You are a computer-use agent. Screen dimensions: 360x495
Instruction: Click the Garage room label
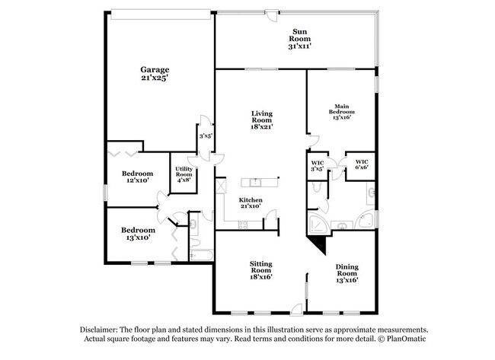pyautogui.click(x=154, y=73)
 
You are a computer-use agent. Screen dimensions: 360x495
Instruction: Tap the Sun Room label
pyautogui.click(x=299, y=39)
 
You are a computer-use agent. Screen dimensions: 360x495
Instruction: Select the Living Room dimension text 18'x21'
pyautogui.click(x=261, y=128)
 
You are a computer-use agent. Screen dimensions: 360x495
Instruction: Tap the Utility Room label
pyautogui.click(x=184, y=174)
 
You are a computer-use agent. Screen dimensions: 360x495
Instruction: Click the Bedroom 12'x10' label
pyautogui.click(x=138, y=177)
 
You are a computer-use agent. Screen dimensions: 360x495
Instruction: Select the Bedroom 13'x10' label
pyautogui.click(x=138, y=234)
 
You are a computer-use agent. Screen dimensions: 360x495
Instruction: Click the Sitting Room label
pyautogui.click(x=261, y=269)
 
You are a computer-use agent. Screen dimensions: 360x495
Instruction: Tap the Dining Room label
pyautogui.click(x=346, y=273)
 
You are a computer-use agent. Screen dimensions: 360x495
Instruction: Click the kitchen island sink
pyautogui.click(x=257, y=183)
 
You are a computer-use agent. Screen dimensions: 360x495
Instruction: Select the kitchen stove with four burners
pyautogui.click(x=243, y=223)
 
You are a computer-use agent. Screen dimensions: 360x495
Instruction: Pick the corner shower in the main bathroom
pyautogui.click(x=315, y=222)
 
